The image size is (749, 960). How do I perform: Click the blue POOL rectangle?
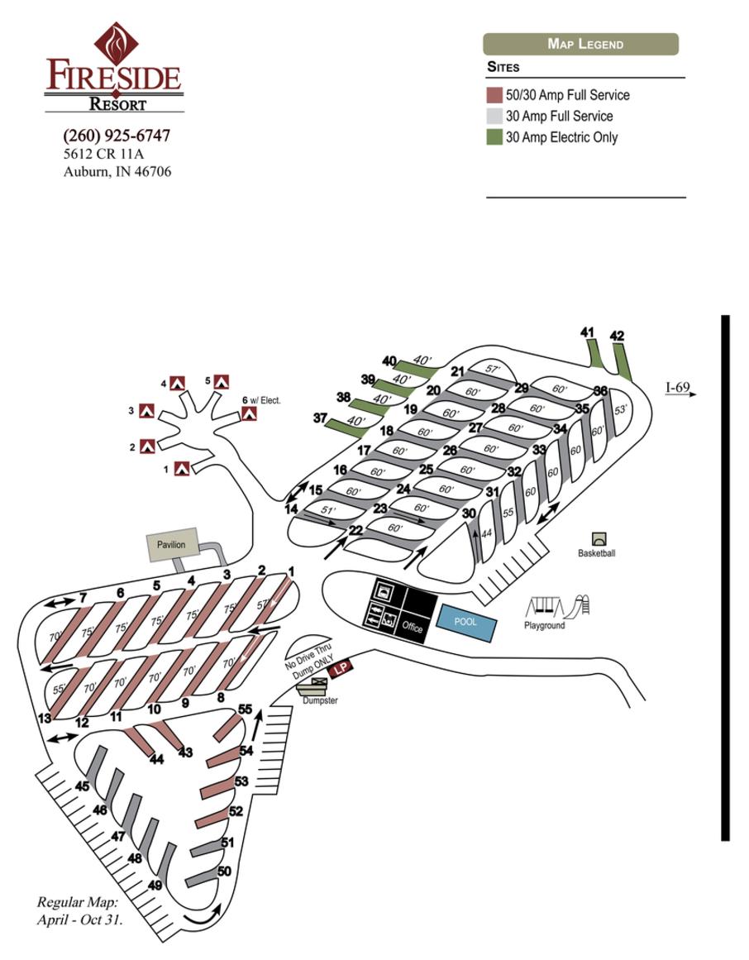pos(466,623)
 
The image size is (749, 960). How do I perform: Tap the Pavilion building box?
pos(172,545)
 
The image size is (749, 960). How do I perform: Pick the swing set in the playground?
pos(542,608)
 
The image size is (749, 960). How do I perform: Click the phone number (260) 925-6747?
pos(117,136)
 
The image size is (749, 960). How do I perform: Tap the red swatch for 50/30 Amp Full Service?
pos(494,95)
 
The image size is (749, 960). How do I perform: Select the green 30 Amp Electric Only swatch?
pos(494,138)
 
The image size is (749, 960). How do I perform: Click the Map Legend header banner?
pos(580,44)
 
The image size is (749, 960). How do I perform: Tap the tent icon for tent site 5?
pos(221,381)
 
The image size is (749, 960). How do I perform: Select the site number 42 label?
pos(617,336)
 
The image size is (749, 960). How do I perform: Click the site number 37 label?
pos(320,418)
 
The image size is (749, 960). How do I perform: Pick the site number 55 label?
pos(245,709)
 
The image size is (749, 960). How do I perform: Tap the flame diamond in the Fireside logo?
pos(115,44)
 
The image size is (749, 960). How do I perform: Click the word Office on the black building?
pos(413,628)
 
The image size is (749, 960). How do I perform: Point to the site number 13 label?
pos(45,719)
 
